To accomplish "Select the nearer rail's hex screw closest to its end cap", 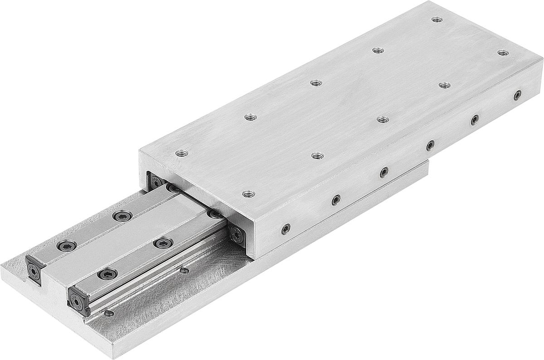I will (107, 273).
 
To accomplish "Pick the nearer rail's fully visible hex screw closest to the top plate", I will (163, 243).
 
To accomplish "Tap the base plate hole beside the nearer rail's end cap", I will (108, 313).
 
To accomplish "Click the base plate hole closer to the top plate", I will (184, 271).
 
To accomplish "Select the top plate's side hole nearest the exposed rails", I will (286, 229).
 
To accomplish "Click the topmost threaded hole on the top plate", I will (437, 19).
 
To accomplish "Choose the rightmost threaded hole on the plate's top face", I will (502, 53).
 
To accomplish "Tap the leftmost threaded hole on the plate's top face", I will (181, 153).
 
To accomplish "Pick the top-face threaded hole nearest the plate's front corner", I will (248, 194).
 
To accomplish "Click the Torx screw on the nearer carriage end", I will (238, 234).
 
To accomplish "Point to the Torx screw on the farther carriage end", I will (156, 182).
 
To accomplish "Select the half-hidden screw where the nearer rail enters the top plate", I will (213, 214).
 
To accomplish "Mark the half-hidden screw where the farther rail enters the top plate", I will (172, 187).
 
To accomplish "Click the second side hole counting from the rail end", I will (336, 199).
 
